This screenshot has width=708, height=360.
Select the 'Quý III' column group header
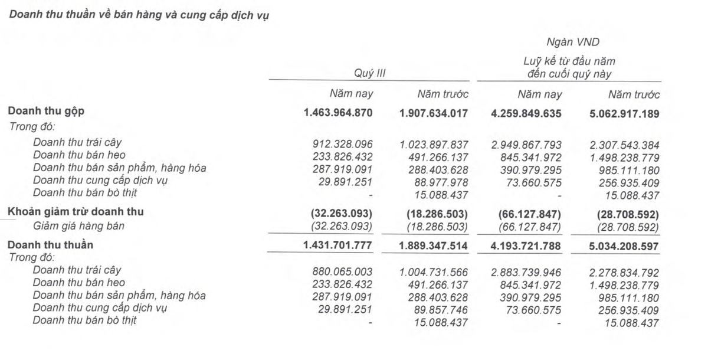[369, 73]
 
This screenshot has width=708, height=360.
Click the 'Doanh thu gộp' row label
[41, 112]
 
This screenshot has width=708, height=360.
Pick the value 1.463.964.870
[338, 113]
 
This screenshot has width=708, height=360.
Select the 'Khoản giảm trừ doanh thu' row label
[76, 212]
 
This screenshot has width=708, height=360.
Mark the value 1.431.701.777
[338, 245]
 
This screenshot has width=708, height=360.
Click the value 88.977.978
[438, 182]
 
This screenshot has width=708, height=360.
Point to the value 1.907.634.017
[434, 113]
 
